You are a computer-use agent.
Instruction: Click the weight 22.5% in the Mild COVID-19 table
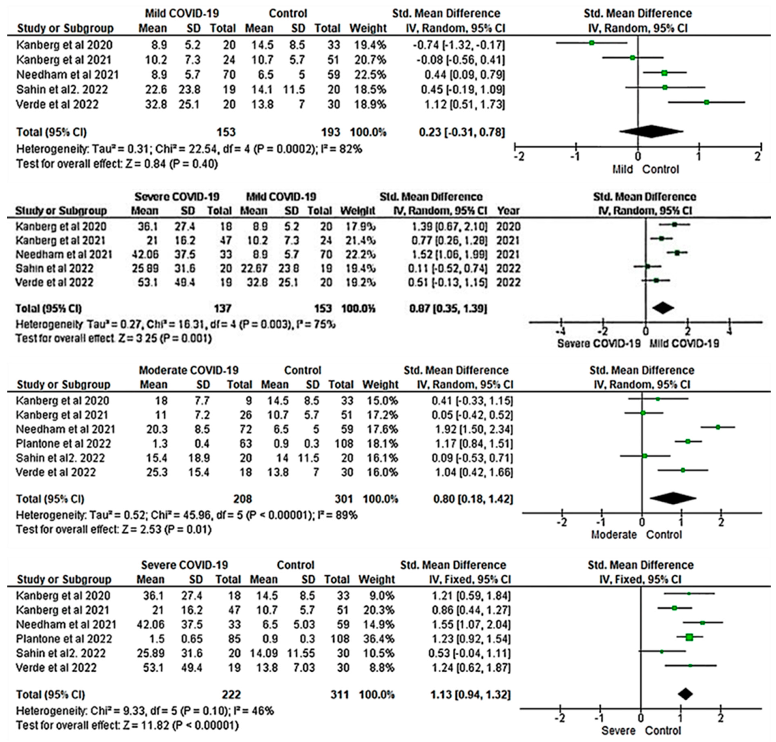[x=367, y=74]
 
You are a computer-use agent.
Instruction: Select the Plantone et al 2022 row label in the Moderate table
[x=63, y=443]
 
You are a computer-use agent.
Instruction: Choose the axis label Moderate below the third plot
[x=614, y=535]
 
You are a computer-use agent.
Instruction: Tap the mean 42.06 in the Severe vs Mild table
[x=145, y=254]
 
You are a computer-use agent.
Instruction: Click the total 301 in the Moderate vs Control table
[x=343, y=499]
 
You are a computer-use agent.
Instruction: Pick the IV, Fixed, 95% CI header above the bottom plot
[x=640, y=579]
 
